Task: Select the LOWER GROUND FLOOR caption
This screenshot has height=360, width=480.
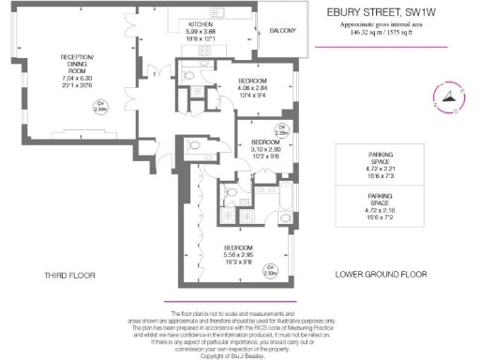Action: click(382, 275)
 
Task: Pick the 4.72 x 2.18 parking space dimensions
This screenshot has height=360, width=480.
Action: click(382, 211)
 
